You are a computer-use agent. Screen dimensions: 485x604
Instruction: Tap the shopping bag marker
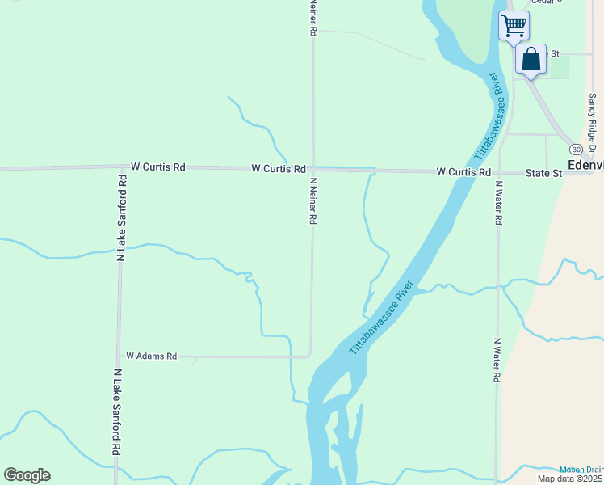531,60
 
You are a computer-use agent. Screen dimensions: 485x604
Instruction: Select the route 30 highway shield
575,150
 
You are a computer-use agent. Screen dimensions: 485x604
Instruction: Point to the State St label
543,173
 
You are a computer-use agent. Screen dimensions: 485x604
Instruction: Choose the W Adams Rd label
150,356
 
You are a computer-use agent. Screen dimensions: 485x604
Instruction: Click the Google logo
27,475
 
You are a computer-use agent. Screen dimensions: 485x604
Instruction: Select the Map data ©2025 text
570,479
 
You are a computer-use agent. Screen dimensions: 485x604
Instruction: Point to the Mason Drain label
581,470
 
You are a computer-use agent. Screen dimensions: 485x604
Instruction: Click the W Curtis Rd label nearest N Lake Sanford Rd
158,167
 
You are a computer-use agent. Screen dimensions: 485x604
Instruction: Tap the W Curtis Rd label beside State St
463,172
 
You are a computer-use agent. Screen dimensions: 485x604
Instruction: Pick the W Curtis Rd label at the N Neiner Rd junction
278,169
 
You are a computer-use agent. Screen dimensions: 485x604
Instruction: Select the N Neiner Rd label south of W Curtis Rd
311,202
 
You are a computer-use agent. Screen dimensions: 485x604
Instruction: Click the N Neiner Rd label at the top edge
312,17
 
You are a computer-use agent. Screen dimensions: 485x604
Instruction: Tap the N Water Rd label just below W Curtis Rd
498,202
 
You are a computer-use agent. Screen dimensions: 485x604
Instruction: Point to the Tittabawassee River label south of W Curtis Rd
382,318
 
